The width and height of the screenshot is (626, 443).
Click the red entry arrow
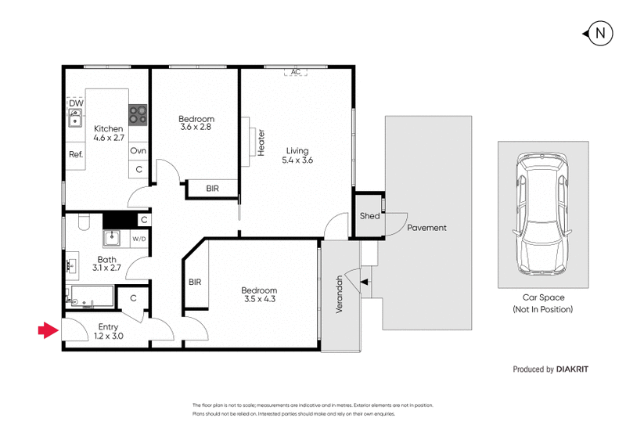[48, 331]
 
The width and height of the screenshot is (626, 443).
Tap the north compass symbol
[599, 33]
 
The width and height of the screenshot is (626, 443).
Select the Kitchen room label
[109, 133]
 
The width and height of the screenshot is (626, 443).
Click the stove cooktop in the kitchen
[139, 115]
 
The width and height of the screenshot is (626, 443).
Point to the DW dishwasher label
[76, 103]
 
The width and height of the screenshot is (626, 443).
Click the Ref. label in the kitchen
[76, 154]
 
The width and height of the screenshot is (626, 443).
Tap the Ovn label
[139, 150]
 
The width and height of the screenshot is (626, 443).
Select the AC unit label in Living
[295, 72]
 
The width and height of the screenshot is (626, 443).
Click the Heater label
[261, 142]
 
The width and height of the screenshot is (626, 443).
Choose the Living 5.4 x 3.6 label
[297, 156]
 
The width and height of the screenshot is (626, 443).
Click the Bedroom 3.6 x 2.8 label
[196, 122]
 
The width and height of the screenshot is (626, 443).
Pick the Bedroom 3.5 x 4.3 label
[259, 294]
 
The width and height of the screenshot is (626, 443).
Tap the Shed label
[369, 216]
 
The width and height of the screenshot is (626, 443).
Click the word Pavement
[426, 228]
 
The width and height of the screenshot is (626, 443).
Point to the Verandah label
[340, 294]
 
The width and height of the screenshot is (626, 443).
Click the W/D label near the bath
[139, 239]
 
